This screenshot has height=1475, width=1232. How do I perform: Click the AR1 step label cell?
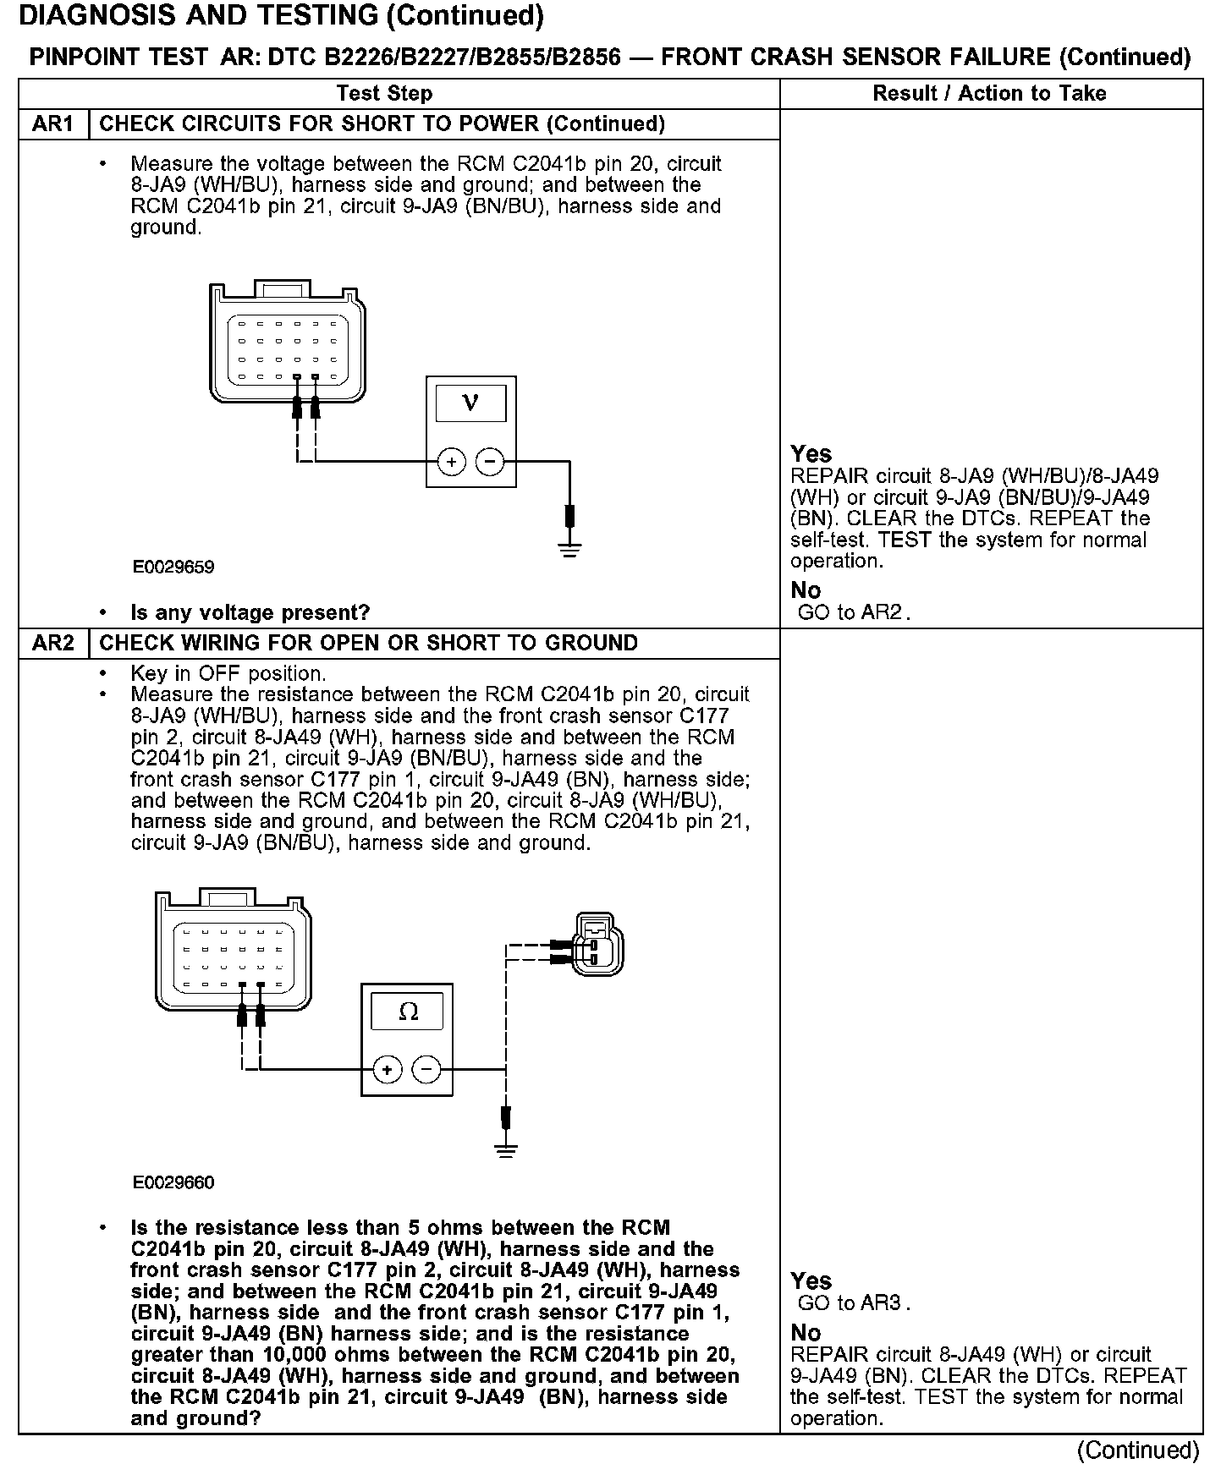[52, 124]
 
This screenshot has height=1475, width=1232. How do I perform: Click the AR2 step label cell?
[52, 644]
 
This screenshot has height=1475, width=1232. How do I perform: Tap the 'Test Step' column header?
[384, 94]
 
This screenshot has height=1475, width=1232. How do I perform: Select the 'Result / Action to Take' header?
[989, 94]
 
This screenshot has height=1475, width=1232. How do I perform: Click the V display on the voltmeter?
[470, 403]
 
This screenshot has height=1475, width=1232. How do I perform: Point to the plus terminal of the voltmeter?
[452, 462]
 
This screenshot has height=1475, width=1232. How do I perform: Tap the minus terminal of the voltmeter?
[489, 462]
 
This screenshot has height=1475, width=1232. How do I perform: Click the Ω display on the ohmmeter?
[408, 1012]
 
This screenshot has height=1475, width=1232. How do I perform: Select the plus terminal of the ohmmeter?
[388, 1070]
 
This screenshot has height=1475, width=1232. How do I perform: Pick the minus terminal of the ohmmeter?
[426, 1070]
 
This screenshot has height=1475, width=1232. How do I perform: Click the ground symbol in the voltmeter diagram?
[570, 549]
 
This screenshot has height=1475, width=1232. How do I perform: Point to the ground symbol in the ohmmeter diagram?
[506, 1149]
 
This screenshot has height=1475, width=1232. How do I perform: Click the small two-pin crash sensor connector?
[598, 943]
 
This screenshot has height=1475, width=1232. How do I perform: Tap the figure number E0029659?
[173, 568]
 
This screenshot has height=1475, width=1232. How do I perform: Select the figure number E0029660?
[173, 1182]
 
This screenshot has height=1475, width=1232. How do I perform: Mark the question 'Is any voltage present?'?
[250, 612]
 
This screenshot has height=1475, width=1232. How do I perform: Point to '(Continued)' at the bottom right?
[1137, 1451]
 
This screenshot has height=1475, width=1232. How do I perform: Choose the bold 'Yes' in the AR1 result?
[811, 454]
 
